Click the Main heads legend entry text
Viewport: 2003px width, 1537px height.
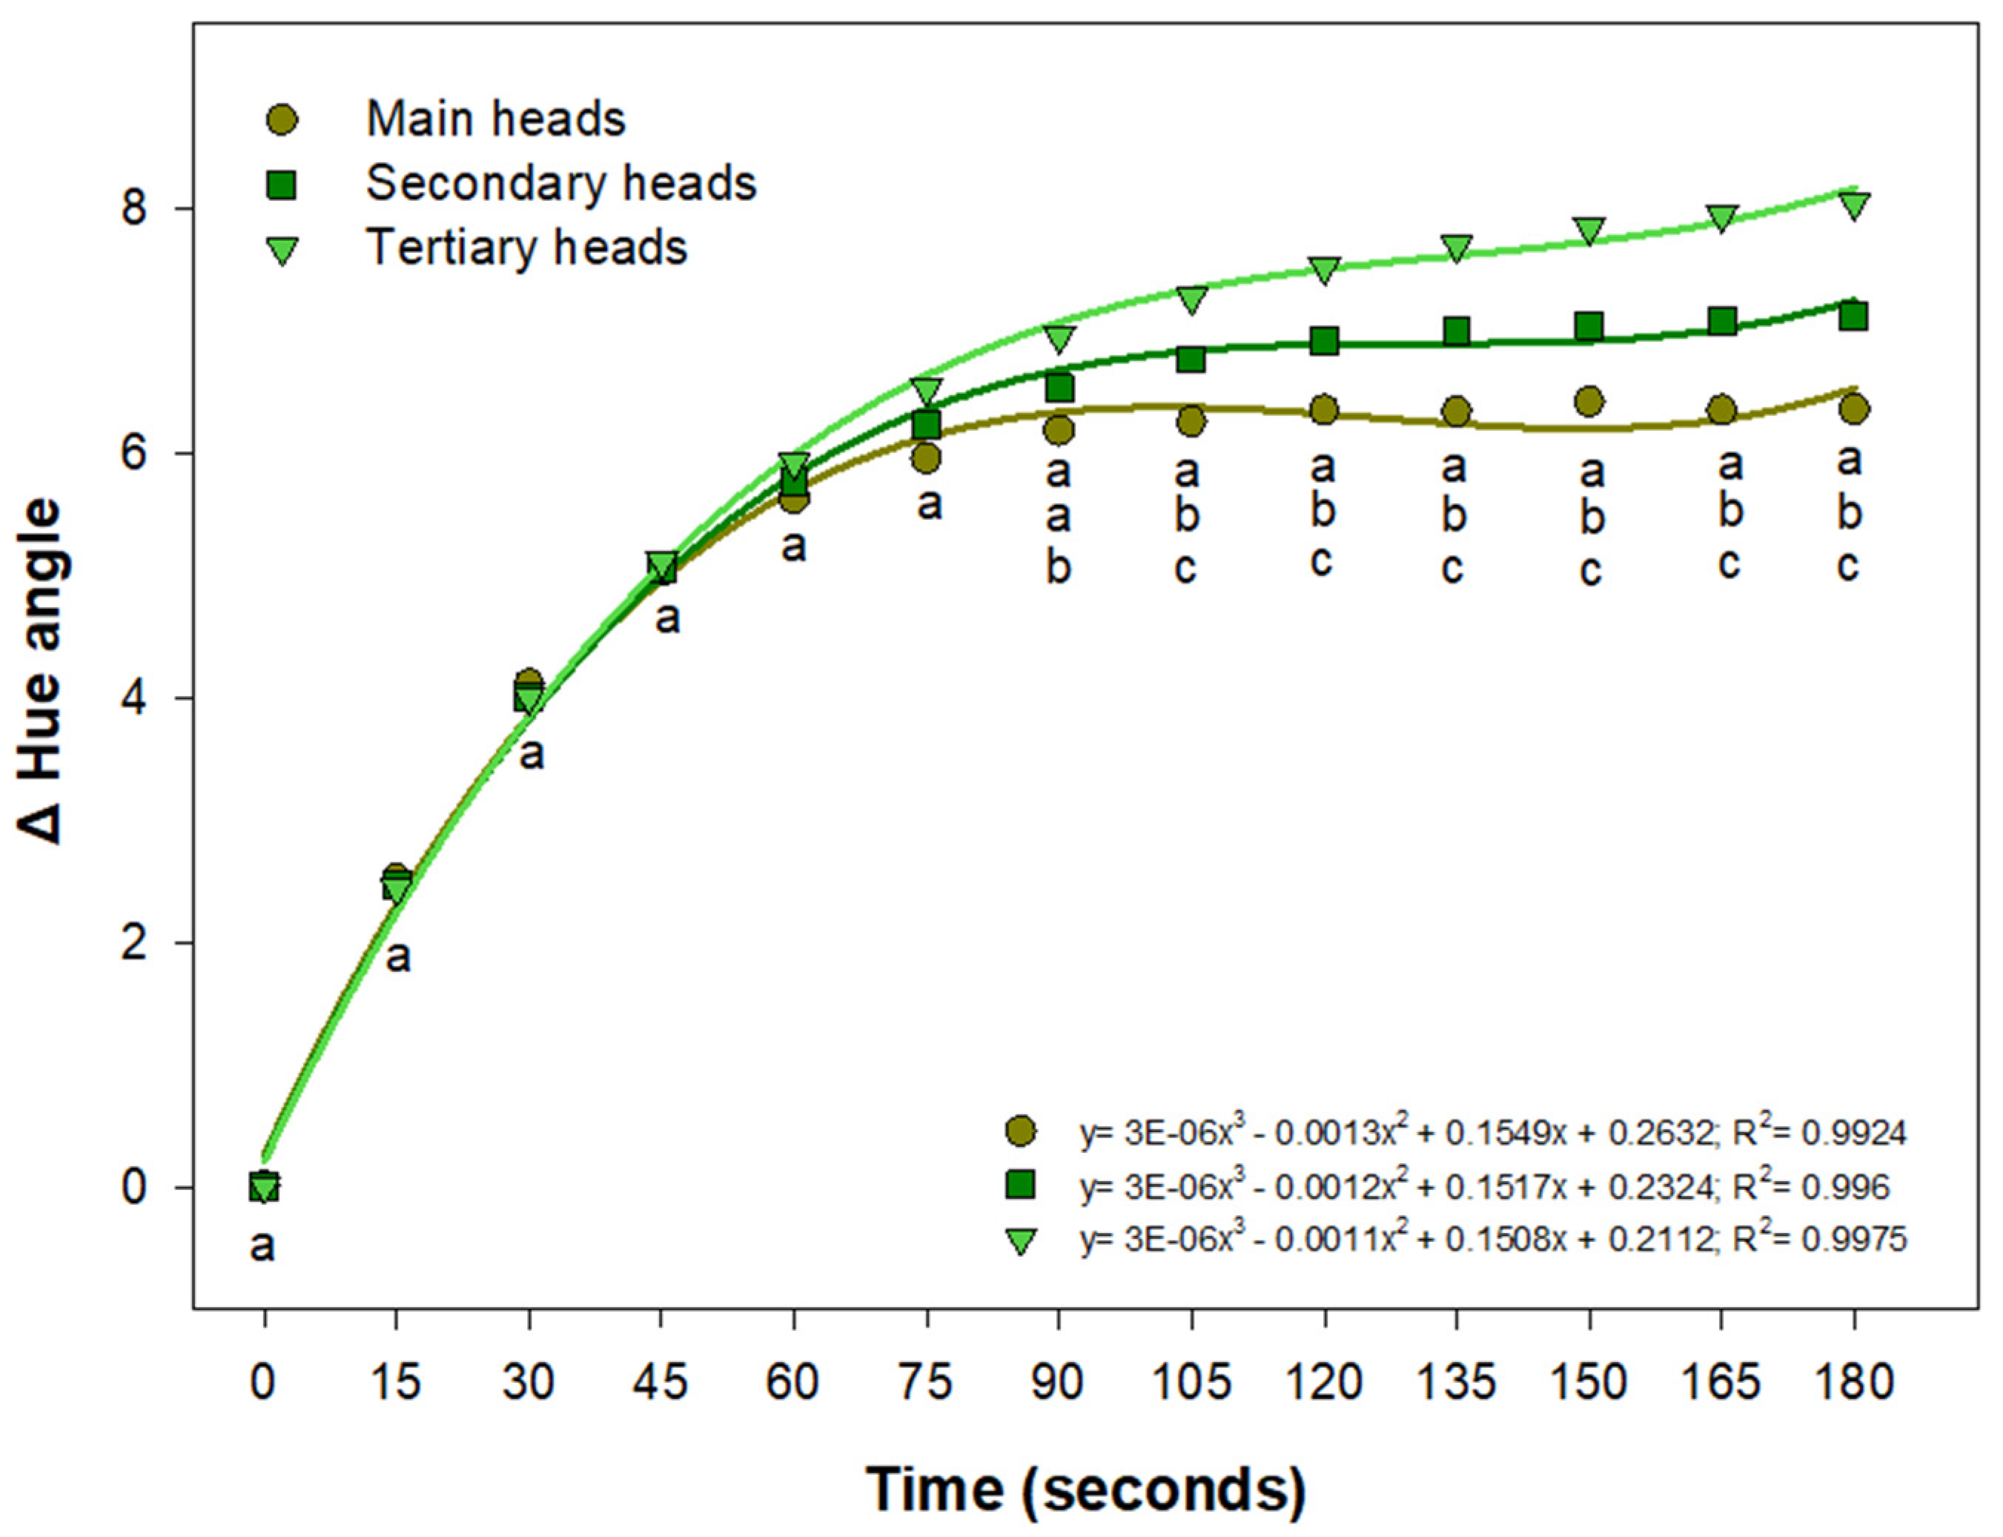pos(494,119)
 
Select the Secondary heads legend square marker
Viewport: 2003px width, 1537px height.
pos(283,185)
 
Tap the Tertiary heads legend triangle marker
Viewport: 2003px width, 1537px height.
pos(283,251)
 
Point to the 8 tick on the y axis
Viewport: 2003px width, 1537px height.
pos(136,208)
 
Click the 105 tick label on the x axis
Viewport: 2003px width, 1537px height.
pos(1190,1381)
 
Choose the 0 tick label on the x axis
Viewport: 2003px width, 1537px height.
pos(263,1381)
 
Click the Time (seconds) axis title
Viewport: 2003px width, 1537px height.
pos(1086,1489)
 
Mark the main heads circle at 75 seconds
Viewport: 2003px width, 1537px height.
pos(927,457)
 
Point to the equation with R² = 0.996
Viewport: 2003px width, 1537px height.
pos(1483,1186)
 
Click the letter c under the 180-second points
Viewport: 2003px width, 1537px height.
pos(1847,566)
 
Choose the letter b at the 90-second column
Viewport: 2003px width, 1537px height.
pos(1058,568)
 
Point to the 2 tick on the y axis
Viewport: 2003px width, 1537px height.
pos(136,942)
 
